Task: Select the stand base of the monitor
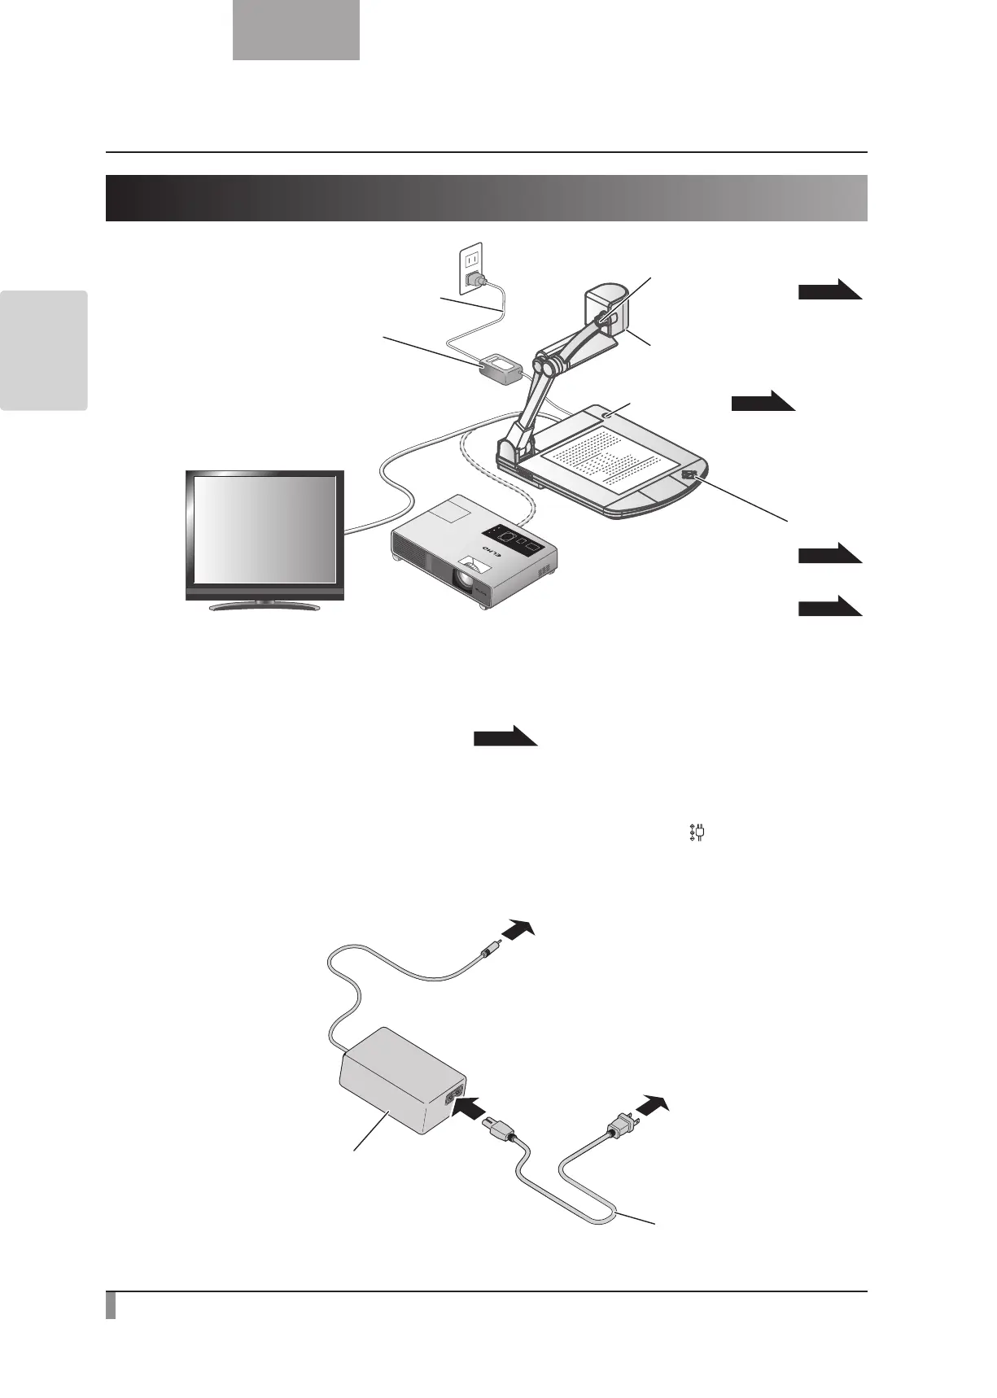[x=265, y=605]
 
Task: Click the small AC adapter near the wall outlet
[x=501, y=369]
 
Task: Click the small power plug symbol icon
[x=696, y=834]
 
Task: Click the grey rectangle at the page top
[x=296, y=30]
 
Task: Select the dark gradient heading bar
[x=486, y=198]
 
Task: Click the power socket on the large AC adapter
[x=454, y=1096]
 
